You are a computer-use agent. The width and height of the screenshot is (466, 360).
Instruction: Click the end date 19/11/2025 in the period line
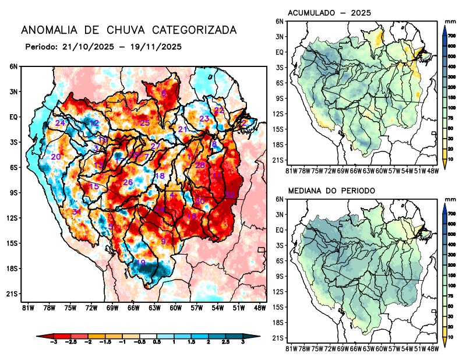155,47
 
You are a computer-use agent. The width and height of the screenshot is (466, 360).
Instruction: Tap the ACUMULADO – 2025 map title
330,13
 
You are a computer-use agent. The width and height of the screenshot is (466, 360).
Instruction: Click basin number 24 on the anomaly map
60,123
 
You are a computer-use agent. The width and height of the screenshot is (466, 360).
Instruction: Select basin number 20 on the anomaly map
56,157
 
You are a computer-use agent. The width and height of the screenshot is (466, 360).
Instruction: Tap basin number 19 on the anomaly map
140,263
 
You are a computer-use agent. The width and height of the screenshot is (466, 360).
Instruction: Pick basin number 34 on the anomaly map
77,211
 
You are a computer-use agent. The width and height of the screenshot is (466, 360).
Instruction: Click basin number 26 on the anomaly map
128,182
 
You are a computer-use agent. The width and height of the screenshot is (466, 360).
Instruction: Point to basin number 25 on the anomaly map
144,122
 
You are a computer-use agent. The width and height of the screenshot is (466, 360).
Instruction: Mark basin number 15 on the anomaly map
94,186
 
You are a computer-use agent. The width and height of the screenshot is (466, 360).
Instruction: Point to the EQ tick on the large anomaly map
13,117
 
